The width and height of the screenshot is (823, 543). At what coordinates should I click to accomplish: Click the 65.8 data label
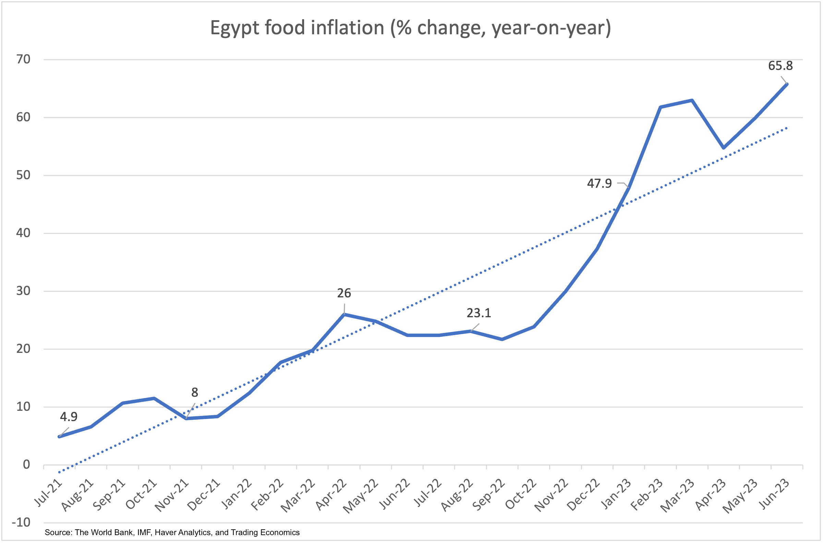pos(780,66)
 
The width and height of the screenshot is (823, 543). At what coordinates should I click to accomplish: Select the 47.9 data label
pos(599,183)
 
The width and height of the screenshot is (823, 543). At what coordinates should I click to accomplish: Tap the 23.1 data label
pos(479,313)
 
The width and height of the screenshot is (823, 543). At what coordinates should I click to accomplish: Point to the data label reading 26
pos(344,293)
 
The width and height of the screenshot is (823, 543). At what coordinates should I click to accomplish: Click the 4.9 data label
pos(69,417)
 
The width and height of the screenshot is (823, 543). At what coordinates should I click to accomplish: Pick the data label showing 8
pos(195,393)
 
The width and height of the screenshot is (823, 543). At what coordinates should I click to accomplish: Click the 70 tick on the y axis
pos(24,60)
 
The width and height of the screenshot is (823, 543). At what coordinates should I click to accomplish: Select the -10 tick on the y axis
pos(22,522)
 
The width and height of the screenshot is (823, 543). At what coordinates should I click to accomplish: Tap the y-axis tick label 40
pos(24,233)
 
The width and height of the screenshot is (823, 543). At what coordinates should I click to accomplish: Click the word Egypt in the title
pos(234,28)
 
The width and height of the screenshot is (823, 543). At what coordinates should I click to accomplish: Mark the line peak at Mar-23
pos(692,100)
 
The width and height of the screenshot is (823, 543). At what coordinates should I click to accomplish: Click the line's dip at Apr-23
pos(724,148)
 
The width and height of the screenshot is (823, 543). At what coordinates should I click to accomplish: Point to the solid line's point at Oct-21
pos(154,398)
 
